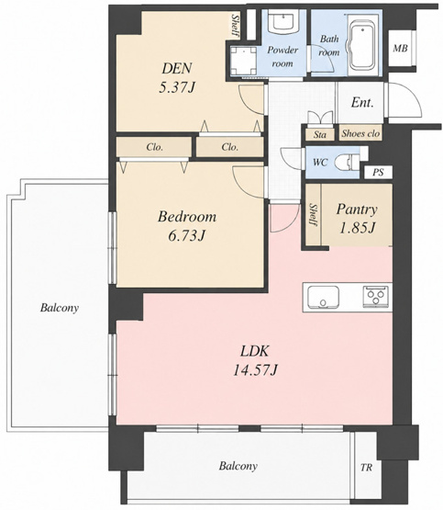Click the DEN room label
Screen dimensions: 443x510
[x=177, y=78]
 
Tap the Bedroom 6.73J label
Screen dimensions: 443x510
[x=187, y=226]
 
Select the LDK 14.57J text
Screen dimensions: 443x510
[x=255, y=360]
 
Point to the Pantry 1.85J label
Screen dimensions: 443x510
[x=357, y=219]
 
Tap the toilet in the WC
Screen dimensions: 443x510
[x=349, y=162]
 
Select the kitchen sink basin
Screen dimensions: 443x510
[x=323, y=298]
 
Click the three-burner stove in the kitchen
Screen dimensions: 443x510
[x=375, y=296]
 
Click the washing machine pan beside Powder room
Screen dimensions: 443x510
[x=243, y=61]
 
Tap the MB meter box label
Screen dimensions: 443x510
[x=401, y=48]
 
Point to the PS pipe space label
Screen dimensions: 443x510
[x=378, y=172]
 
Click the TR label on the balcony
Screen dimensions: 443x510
[x=366, y=468]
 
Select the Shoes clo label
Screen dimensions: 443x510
[x=360, y=133]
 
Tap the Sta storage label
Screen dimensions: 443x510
[x=320, y=134]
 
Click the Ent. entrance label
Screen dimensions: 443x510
[x=362, y=103]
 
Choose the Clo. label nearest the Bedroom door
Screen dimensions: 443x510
[x=230, y=147]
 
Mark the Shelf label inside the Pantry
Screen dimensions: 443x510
[x=314, y=215]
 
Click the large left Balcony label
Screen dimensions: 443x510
[x=60, y=308]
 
